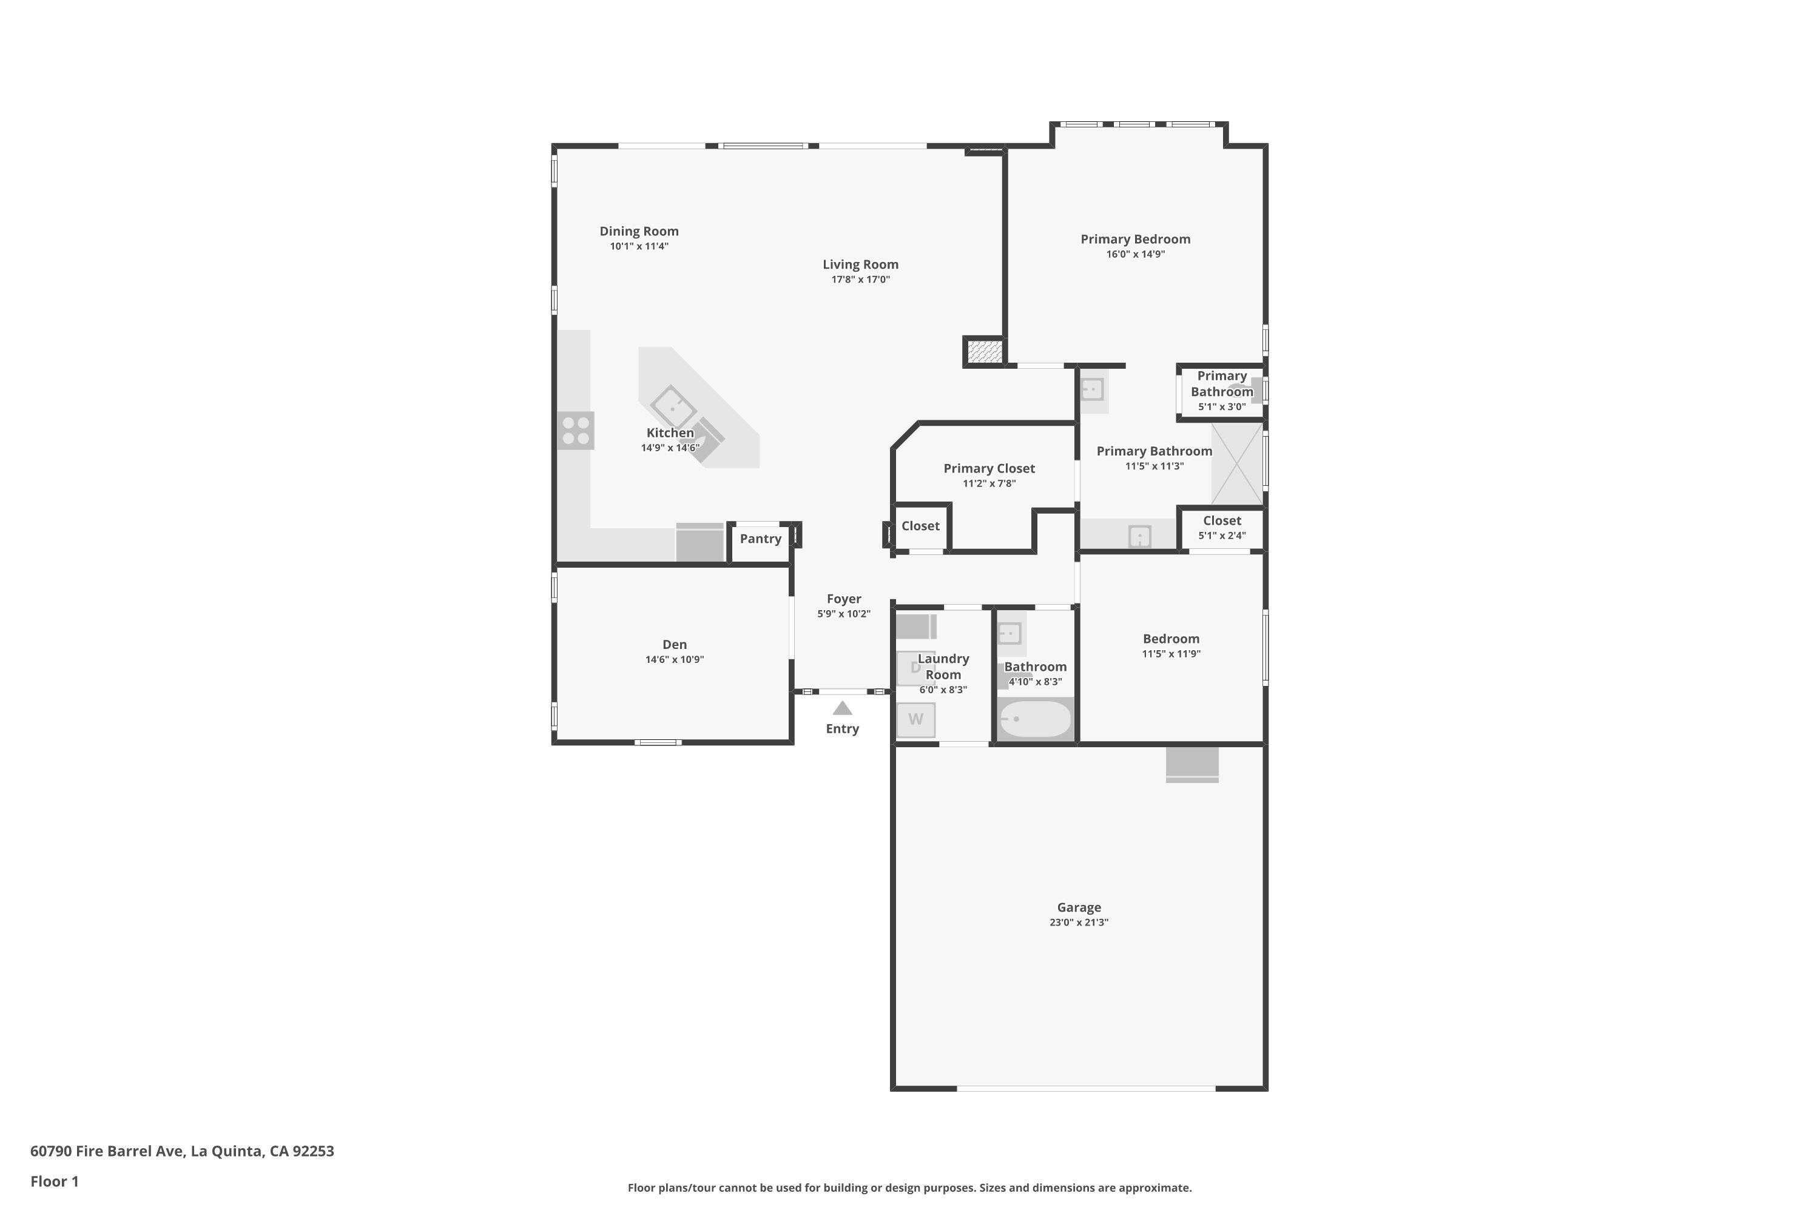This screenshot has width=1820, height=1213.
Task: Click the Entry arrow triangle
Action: (842, 708)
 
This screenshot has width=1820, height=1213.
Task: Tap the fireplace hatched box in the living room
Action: (984, 352)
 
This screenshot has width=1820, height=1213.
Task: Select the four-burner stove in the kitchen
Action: (576, 431)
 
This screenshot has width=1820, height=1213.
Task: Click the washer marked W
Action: (915, 719)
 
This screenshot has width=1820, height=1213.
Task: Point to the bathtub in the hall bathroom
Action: (1036, 719)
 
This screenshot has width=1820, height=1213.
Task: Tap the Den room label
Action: (674, 644)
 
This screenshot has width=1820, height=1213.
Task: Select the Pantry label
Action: (760, 539)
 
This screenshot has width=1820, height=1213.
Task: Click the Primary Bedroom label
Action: (1135, 239)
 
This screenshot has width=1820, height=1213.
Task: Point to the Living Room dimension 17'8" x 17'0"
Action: (860, 279)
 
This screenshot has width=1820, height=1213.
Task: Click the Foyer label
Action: (843, 599)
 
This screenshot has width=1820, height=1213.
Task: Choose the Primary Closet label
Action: (989, 468)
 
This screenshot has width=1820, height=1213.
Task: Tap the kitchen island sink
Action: (672, 407)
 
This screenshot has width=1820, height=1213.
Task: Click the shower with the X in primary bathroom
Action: (1236, 464)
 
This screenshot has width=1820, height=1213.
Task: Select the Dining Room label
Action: (639, 231)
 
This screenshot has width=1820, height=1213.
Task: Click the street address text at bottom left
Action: (182, 1151)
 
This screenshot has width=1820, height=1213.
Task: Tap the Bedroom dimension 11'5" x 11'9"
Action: (1171, 654)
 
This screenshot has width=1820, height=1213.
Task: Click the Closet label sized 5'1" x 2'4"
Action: (1222, 520)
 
